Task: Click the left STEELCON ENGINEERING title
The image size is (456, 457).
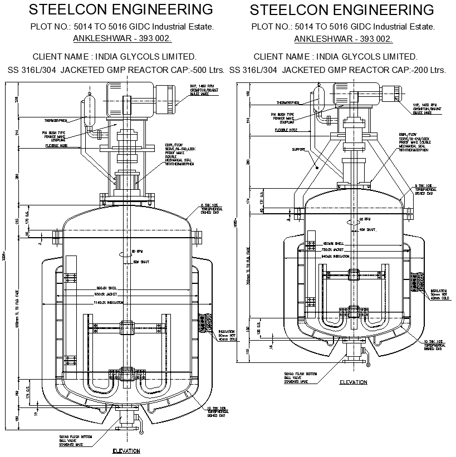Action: point(120,9)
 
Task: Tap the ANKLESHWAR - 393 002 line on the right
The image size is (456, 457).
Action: point(343,38)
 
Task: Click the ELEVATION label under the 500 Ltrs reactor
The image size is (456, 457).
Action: point(126,451)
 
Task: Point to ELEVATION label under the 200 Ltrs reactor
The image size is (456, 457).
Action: point(353,382)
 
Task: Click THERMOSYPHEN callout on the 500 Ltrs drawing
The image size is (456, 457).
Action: point(55,120)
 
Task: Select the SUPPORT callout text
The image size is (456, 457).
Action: point(298,149)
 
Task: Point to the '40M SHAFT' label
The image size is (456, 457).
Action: point(365,229)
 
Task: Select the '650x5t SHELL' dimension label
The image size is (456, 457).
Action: point(336,243)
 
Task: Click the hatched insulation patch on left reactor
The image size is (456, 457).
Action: point(208,322)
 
